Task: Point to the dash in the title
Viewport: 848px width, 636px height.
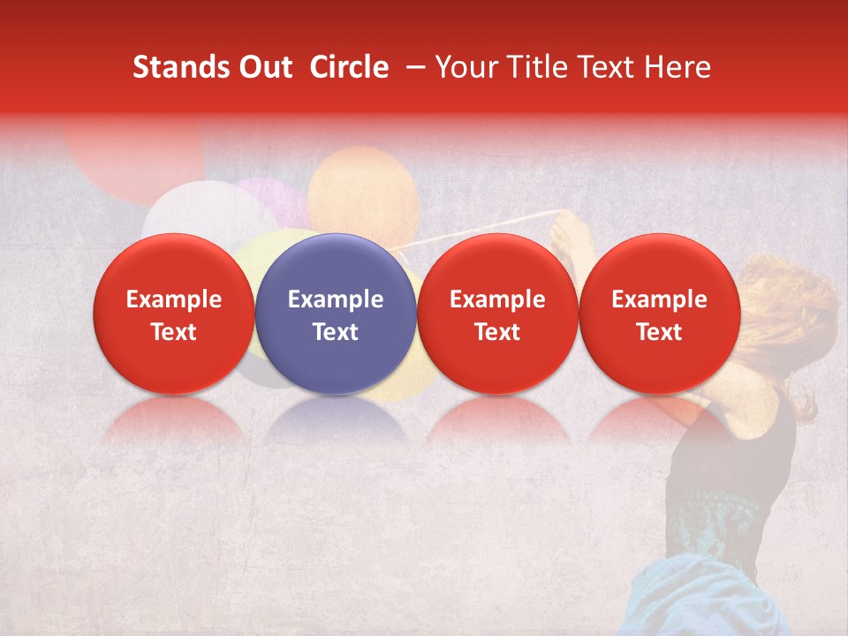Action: pos(413,67)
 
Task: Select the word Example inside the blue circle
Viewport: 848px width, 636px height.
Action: pos(336,299)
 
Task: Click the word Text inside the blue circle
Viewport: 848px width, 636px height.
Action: pos(336,332)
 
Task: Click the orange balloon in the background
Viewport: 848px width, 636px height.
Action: pos(362,190)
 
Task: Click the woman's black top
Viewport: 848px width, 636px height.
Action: pos(733,459)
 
